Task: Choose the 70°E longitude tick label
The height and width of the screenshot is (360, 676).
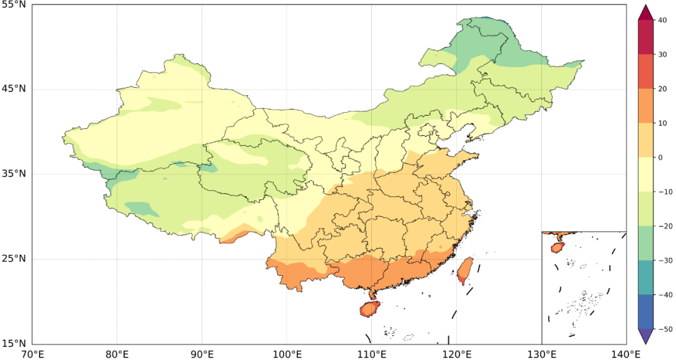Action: [32, 354]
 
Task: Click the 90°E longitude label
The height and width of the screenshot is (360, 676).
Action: [202, 354]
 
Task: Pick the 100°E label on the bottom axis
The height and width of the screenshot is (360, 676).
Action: [287, 354]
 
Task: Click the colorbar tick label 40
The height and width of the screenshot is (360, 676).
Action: [662, 20]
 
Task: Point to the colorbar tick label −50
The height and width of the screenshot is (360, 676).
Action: [664, 329]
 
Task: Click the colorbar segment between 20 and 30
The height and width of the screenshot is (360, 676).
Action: [647, 71]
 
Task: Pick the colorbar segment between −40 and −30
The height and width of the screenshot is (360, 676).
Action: [647, 277]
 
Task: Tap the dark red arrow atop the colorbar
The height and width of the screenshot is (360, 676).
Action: [647, 13]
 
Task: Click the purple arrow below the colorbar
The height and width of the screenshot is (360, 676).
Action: [647, 336]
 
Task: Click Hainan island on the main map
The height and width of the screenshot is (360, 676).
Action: [369, 309]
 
